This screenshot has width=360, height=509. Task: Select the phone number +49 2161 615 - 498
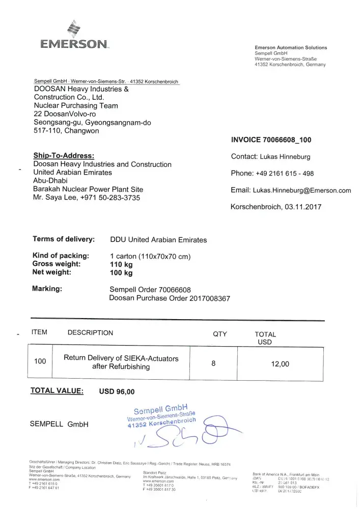click(x=287, y=173)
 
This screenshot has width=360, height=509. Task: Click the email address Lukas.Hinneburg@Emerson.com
click(x=302, y=190)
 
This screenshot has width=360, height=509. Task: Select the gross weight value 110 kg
click(x=121, y=264)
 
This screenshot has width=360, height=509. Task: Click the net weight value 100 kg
click(x=121, y=273)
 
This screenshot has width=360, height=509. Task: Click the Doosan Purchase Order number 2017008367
click(x=209, y=298)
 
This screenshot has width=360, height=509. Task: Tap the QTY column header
click(x=220, y=333)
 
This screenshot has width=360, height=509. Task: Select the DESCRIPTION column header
click(x=90, y=333)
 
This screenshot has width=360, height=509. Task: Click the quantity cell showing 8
click(x=213, y=363)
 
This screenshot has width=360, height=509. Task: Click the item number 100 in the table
click(x=40, y=361)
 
